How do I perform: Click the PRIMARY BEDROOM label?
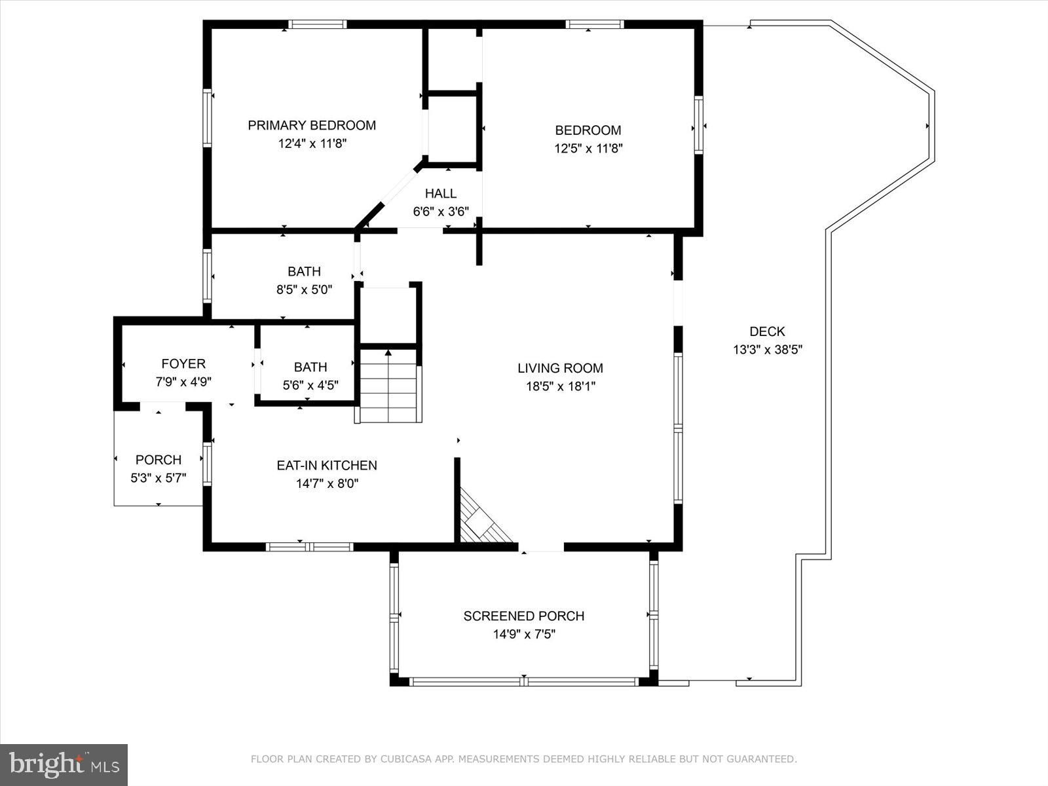[312, 125]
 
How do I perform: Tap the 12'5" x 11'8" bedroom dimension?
[588, 149]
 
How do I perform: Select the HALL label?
[440, 194]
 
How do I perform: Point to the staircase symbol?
[388, 386]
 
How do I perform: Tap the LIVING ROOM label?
[560, 368]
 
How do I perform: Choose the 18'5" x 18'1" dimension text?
[560, 386]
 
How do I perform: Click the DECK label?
[767, 332]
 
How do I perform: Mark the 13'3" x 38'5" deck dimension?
[767, 350]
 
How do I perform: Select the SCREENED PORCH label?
[523, 616]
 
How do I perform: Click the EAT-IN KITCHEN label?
[326, 465]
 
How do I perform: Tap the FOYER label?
[183, 364]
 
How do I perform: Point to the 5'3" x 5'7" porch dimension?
[158, 478]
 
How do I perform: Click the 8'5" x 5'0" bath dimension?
[304, 290]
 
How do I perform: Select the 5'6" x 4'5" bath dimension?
[310, 386]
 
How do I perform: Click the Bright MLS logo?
[64, 764]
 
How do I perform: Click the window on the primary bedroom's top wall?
[317, 25]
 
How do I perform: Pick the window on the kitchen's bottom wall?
[309, 546]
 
